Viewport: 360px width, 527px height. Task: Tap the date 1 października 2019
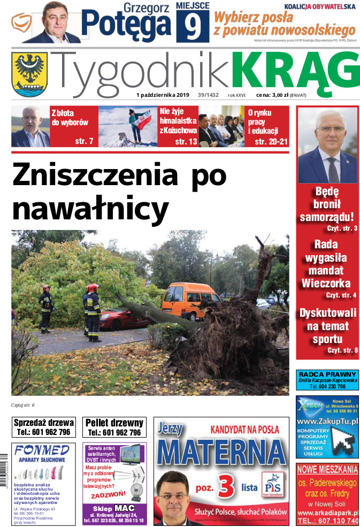[x=166, y=95]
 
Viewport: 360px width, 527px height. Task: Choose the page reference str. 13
[x=186, y=141]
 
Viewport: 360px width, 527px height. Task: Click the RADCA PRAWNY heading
[x=327, y=375]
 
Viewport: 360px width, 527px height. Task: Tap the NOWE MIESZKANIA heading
[x=327, y=470]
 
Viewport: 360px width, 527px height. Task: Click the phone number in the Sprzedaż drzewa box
[x=43, y=432]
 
